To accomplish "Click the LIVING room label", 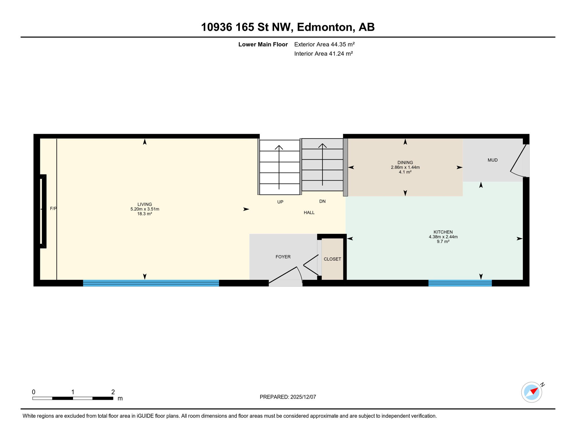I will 145,204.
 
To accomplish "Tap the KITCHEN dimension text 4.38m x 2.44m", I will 443,237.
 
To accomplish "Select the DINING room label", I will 405,163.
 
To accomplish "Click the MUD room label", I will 493,160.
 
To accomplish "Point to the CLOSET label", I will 332,259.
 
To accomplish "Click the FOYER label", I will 283,257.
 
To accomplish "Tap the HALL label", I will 309,213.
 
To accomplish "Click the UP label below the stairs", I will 280,202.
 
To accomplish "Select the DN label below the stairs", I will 322,201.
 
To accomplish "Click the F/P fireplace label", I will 53,209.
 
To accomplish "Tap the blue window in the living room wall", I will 151,283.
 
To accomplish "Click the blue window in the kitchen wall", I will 460,283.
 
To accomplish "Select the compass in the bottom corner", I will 531,392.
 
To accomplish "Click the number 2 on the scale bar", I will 113,392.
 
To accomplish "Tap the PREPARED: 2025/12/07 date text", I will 288,397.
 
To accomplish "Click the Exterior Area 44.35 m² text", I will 324,44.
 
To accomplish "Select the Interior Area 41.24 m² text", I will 323,54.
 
